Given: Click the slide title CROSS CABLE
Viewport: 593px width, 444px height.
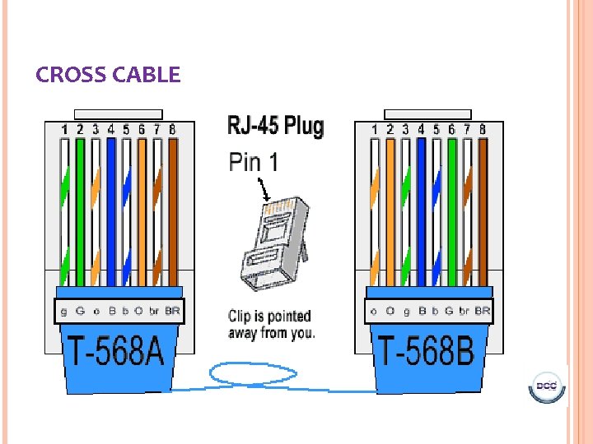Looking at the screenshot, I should [x=108, y=76].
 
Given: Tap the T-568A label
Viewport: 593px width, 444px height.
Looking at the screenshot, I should [x=115, y=351].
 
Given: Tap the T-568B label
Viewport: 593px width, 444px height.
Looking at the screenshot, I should [x=426, y=351].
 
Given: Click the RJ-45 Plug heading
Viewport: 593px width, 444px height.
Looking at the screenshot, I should [x=275, y=127].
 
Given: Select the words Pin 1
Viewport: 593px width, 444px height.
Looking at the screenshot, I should [x=253, y=161].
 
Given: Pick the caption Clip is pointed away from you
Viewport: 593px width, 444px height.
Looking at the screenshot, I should [x=271, y=325].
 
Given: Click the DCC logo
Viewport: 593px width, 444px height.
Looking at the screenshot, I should [x=545, y=386].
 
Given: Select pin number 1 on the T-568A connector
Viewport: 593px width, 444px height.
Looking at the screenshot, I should [x=64, y=129].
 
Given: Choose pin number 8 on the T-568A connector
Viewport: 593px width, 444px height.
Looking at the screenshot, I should [x=172, y=129].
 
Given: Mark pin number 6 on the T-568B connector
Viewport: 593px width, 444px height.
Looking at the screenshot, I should [x=451, y=129].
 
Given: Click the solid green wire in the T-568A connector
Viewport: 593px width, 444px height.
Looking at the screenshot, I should [x=80, y=210].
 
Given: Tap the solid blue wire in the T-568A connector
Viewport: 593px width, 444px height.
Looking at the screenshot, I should [x=110, y=210].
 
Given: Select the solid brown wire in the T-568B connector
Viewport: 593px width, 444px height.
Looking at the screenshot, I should [x=483, y=210].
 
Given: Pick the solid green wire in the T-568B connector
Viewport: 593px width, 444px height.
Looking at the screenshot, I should [x=451, y=210].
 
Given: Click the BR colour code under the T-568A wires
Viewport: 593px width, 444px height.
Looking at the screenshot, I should [x=172, y=312].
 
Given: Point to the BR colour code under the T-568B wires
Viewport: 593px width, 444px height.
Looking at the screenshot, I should [x=483, y=312].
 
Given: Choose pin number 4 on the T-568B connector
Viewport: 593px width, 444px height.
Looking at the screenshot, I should [x=421, y=129].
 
